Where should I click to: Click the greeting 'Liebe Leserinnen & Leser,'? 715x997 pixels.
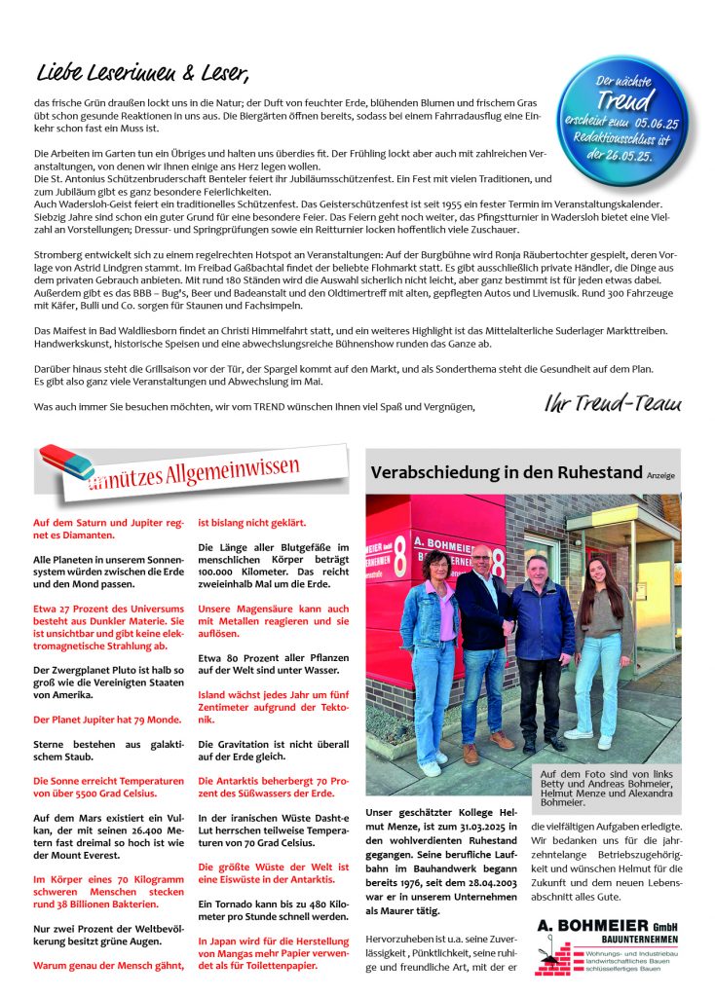(142, 72)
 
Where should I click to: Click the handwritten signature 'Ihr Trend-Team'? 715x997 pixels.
(613, 404)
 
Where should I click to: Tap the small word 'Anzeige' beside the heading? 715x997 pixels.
(659, 476)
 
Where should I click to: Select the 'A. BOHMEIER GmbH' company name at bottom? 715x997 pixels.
(606, 925)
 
